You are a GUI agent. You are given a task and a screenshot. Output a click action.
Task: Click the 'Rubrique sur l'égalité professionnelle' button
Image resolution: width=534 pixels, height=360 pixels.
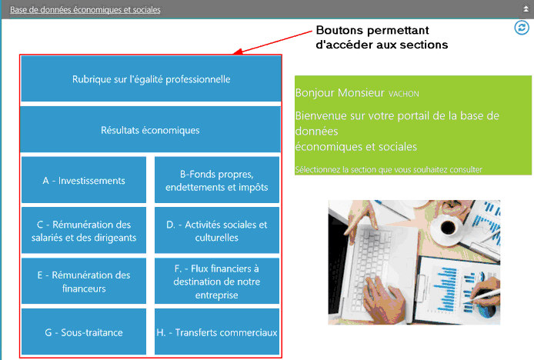[x=151, y=79]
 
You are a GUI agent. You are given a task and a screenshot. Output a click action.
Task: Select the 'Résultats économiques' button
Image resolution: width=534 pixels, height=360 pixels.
[x=151, y=130]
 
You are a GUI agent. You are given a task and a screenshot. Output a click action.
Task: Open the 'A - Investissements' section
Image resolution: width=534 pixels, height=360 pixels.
[x=84, y=181]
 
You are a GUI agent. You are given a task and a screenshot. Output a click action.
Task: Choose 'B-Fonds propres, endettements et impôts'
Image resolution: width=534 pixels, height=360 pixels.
[x=216, y=181]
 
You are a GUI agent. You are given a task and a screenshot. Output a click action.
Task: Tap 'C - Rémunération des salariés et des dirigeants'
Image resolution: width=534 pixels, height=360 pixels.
[x=84, y=231]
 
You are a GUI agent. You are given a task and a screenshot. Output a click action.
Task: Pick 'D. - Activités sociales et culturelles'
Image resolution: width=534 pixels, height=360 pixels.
[x=216, y=231]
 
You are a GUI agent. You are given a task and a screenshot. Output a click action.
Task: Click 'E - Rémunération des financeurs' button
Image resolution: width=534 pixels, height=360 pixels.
[x=84, y=282]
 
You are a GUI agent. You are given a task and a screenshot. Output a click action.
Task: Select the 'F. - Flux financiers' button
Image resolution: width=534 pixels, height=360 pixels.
[x=216, y=282]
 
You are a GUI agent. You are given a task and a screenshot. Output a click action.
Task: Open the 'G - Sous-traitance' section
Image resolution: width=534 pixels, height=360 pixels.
[x=84, y=332]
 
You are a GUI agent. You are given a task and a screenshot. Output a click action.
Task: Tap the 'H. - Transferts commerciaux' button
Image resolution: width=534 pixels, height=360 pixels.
[x=216, y=332]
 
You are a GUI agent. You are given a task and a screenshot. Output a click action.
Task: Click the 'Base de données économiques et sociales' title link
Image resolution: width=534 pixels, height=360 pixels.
[x=85, y=10]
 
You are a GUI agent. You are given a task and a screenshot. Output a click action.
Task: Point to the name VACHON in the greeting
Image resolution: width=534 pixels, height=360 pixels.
[x=405, y=94]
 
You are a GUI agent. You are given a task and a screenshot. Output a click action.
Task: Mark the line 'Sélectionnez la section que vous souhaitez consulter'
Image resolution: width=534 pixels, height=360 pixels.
[x=389, y=169]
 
